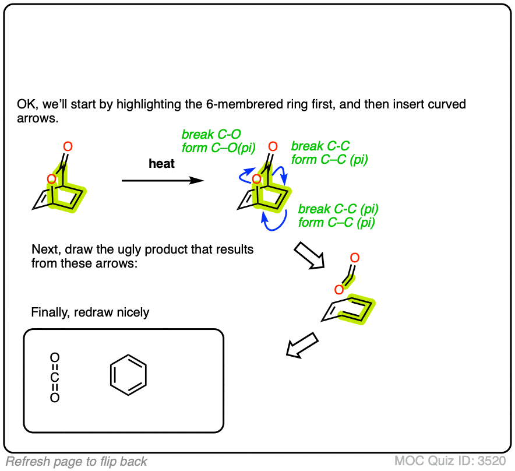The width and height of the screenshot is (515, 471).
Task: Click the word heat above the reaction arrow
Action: [161, 164]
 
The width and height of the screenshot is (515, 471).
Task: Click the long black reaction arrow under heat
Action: [163, 181]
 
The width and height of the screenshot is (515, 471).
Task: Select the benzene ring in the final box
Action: [128, 376]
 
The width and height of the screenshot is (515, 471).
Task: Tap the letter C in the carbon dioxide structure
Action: [55, 378]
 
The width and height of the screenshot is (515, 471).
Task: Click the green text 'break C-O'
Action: [210, 135]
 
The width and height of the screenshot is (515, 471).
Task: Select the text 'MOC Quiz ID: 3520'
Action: [450, 461]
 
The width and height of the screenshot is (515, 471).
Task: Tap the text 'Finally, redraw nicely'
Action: [90, 312]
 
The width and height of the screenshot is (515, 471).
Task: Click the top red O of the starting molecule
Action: [68, 146]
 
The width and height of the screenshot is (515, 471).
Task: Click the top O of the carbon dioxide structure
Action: [55, 357]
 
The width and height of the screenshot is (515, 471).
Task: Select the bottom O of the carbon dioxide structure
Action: [55, 398]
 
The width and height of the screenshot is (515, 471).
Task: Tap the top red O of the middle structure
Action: [273, 146]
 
